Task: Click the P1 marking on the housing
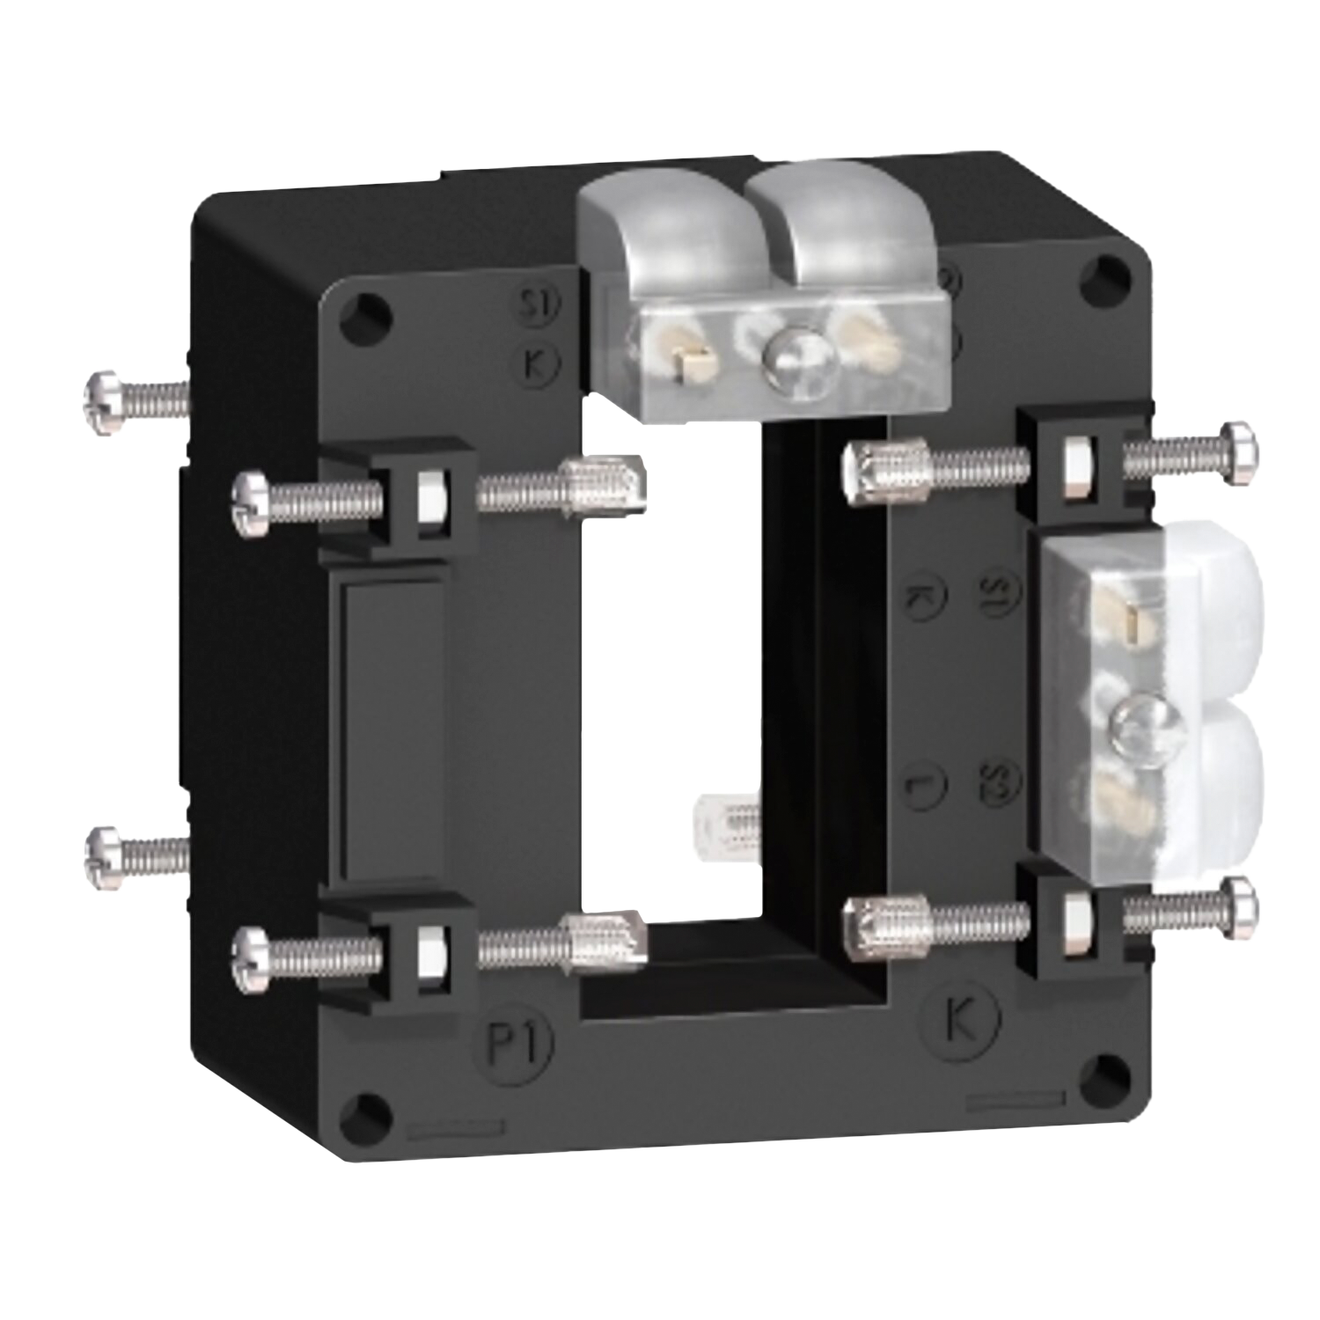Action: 518,1043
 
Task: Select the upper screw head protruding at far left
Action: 100,400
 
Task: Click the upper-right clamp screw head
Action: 1240,453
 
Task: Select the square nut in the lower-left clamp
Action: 430,951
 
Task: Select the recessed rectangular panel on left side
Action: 392,730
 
